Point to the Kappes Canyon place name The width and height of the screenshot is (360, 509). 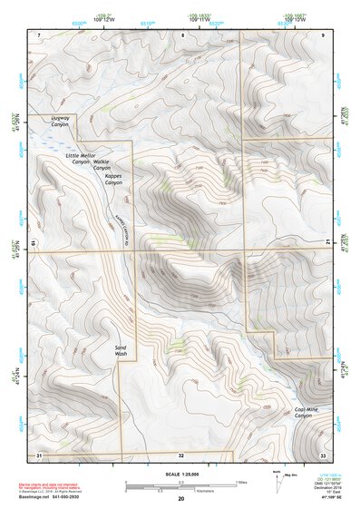coord(112,179)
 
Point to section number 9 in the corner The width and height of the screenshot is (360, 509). coord(325,34)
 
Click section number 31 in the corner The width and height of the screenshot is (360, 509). coord(38,454)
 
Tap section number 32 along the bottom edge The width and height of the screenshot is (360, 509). coord(181,454)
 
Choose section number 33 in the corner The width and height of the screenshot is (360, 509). coord(323,454)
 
